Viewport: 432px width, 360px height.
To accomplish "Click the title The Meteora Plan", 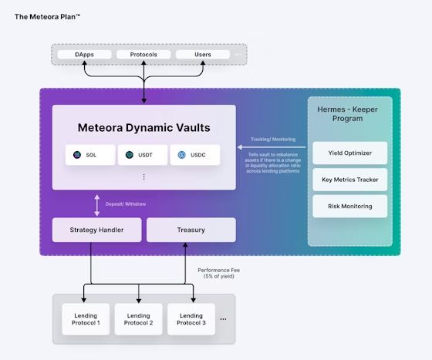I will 47,15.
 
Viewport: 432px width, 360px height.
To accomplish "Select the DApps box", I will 86,55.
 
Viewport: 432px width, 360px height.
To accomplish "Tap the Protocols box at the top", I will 143,55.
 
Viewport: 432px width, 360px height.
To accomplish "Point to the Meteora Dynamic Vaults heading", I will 143,127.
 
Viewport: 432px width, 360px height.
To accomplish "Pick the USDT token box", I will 143,155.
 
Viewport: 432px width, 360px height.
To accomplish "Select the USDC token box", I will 194,155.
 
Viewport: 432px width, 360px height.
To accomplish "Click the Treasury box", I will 191,230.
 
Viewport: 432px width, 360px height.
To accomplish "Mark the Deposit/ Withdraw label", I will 125,204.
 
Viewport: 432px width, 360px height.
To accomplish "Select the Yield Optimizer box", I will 349,153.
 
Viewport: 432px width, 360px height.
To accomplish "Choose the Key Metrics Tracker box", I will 349,180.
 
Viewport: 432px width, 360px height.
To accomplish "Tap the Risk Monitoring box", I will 349,206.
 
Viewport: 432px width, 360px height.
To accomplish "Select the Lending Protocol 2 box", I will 138,319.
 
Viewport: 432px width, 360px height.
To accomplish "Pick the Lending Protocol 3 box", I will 191,319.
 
